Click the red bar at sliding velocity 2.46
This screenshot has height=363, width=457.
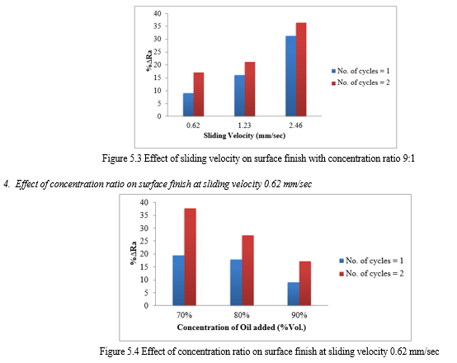point(301,69)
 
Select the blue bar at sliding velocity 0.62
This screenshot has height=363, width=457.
point(188,105)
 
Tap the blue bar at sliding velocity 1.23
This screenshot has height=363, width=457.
point(239,96)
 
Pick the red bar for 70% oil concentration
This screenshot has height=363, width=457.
point(190,257)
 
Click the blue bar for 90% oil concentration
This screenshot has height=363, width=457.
point(294,294)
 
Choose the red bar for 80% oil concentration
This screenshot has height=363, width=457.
point(247,271)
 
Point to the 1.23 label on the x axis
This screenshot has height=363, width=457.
point(244,125)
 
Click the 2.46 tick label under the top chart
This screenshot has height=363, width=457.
point(295,125)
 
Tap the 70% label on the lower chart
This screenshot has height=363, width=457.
point(184,315)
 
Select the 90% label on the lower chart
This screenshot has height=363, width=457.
point(299,315)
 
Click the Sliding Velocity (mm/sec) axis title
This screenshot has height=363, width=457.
point(244,135)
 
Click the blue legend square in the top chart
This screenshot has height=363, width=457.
point(334,71)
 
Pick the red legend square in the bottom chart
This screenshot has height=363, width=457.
point(342,274)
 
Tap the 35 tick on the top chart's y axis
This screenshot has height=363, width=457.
point(157,26)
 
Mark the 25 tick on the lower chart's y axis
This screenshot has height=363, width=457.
point(144,241)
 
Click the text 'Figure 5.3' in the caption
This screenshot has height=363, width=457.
point(122,158)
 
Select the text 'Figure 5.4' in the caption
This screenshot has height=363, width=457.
point(120,351)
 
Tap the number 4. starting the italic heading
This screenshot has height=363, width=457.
point(7,184)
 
